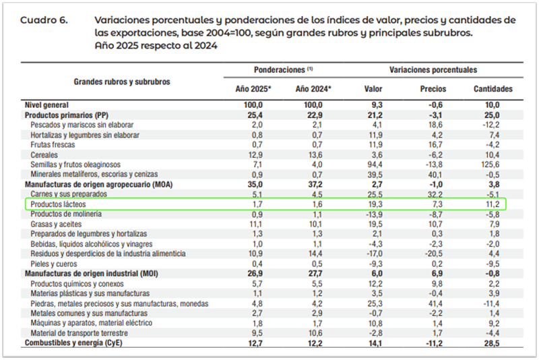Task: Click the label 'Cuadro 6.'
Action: pyautogui.click(x=44, y=20)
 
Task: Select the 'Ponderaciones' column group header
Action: pyautogui.click(x=283, y=69)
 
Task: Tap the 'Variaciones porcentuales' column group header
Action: pyautogui.click(x=433, y=69)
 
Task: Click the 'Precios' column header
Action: pyautogui.click(x=433, y=88)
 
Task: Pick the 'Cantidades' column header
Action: pyautogui.click(x=493, y=88)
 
